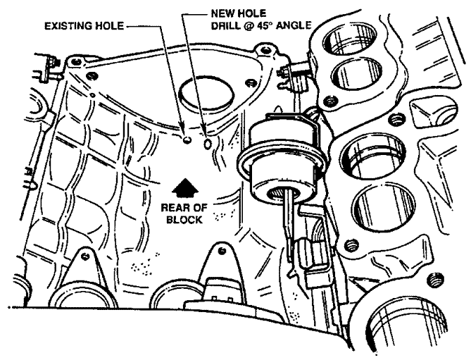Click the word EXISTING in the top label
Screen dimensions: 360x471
pos(70,26)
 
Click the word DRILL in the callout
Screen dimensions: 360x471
pos(225,26)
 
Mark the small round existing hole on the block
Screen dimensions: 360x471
pos(187,141)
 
